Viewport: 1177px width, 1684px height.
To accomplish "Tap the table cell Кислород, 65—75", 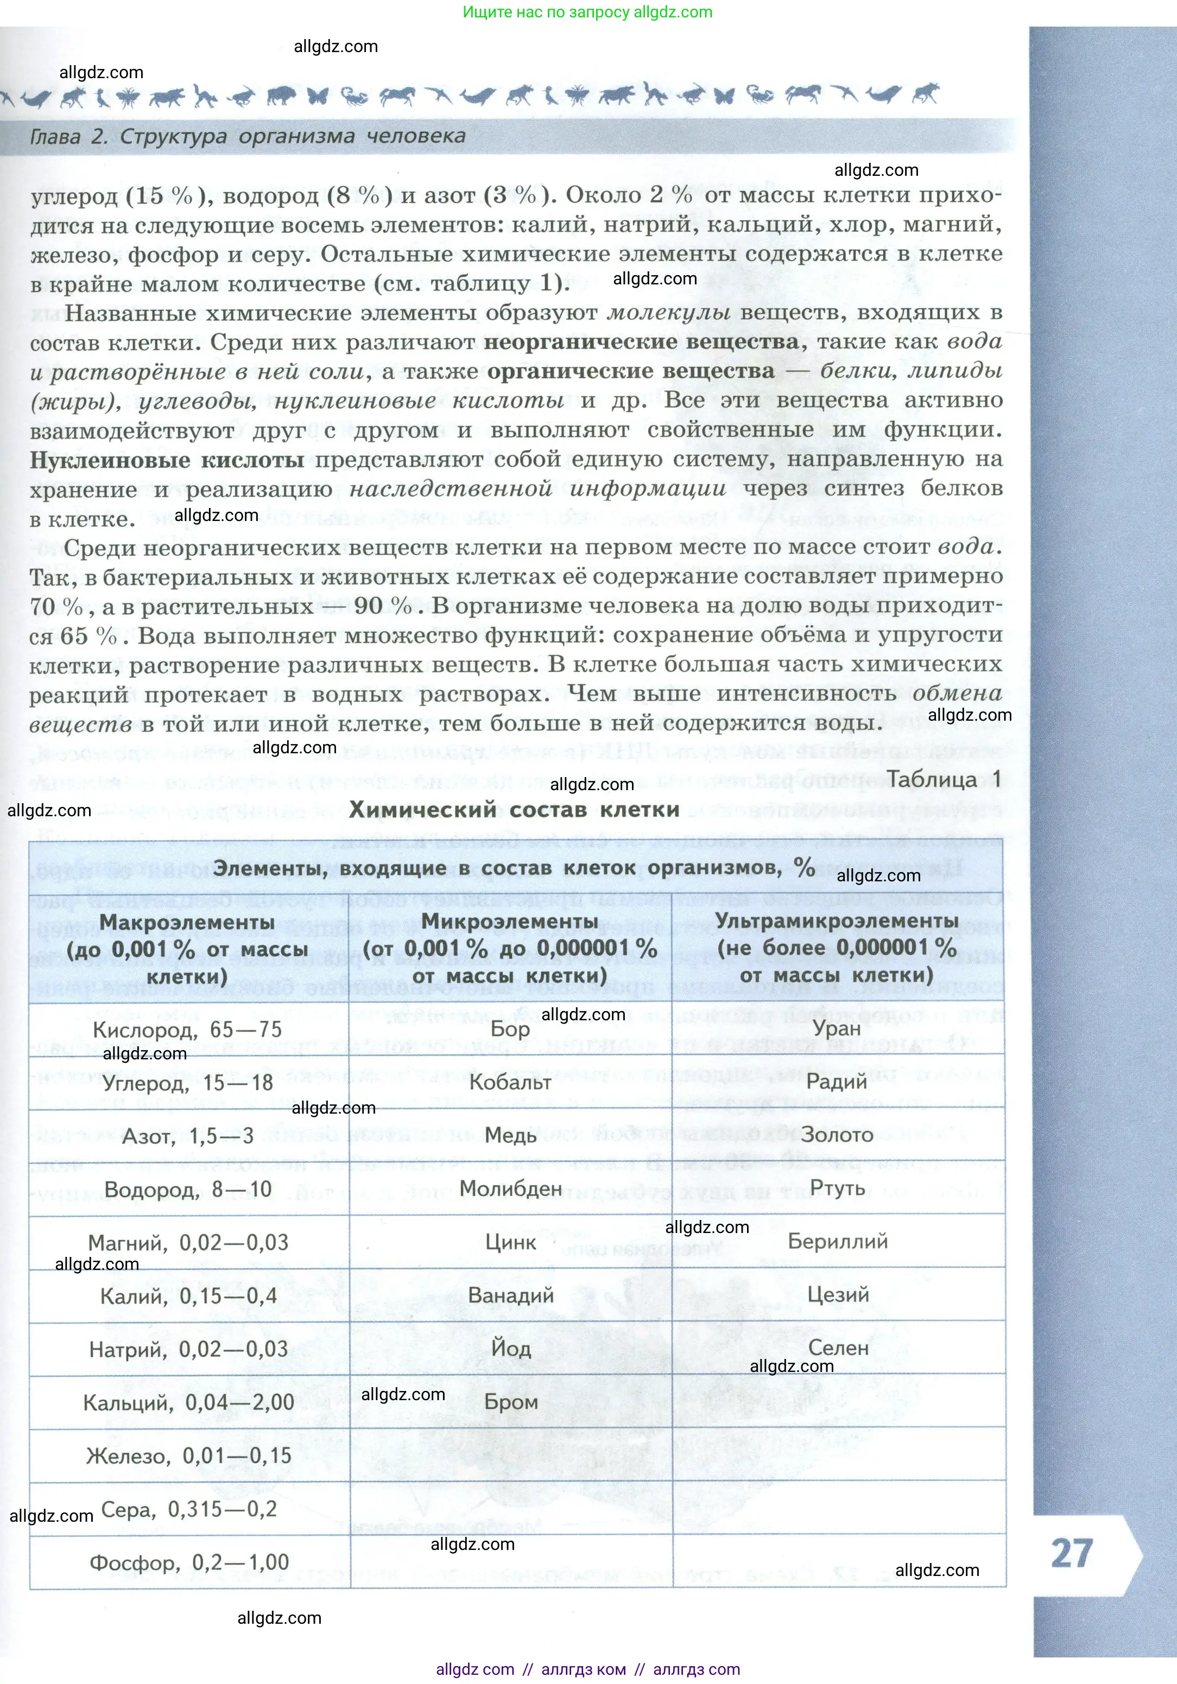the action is click(188, 1029).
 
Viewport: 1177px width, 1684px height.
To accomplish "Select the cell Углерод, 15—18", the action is click(188, 1083).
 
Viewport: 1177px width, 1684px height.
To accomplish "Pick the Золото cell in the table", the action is click(837, 1135).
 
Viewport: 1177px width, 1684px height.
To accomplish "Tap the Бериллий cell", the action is click(837, 1241).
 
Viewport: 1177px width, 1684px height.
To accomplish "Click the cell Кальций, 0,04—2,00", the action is click(188, 1402).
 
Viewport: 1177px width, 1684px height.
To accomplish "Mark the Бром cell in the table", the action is click(511, 1402).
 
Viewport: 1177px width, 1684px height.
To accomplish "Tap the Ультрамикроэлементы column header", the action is click(837, 947).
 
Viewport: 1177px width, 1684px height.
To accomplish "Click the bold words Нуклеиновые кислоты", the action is click(167, 460).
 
